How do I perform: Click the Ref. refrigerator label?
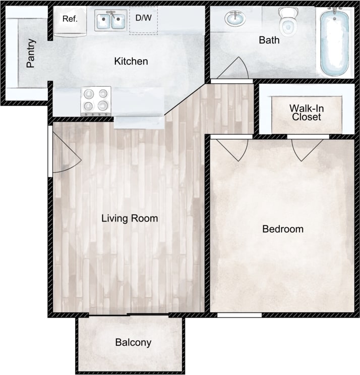pos(69,19)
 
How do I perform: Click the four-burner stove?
pos(96,99)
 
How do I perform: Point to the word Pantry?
pos(31,53)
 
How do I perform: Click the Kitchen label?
pos(131,62)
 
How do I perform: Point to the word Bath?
pos(269,40)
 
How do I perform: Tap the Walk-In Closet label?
pos(306,113)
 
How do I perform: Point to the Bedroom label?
pos(283,229)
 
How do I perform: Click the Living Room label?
pos(130,219)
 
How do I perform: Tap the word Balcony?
pos(133,342)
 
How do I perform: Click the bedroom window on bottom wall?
pos(239,315)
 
